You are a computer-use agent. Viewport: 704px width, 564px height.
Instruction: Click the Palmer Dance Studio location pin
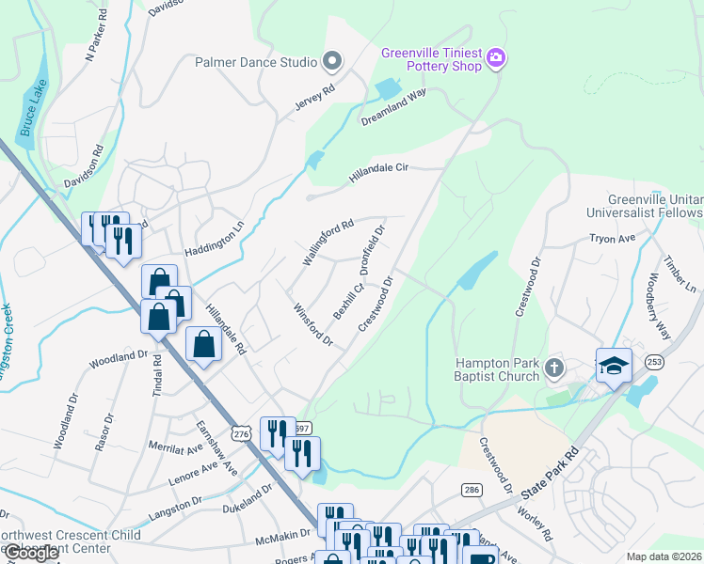click(331, 63)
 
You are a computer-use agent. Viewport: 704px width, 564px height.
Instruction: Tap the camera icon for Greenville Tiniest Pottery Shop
click(497, 60)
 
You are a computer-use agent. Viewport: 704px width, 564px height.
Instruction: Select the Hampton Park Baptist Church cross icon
click(554, 368)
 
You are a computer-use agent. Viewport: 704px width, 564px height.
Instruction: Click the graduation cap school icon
click(614, 365)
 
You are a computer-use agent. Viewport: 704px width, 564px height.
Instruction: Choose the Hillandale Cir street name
click(378, 169)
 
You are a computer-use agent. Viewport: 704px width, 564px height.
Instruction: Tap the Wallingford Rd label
click(327, 243)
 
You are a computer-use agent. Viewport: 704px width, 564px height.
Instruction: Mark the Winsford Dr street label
click(313, 323)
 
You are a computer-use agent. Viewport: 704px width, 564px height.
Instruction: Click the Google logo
click(31, 553)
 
